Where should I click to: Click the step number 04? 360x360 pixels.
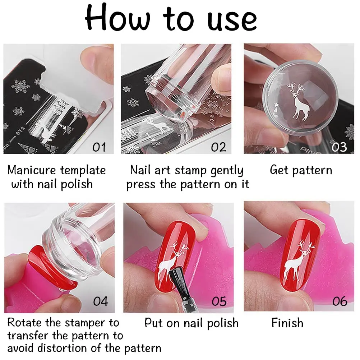coord(101,301)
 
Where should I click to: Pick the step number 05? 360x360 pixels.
coord(219,301)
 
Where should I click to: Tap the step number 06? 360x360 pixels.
coord(340,301)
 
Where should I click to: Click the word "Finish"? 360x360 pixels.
coord(287,323)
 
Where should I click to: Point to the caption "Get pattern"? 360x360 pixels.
coord(301,170)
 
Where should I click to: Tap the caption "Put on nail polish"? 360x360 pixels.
coord(191,323)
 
